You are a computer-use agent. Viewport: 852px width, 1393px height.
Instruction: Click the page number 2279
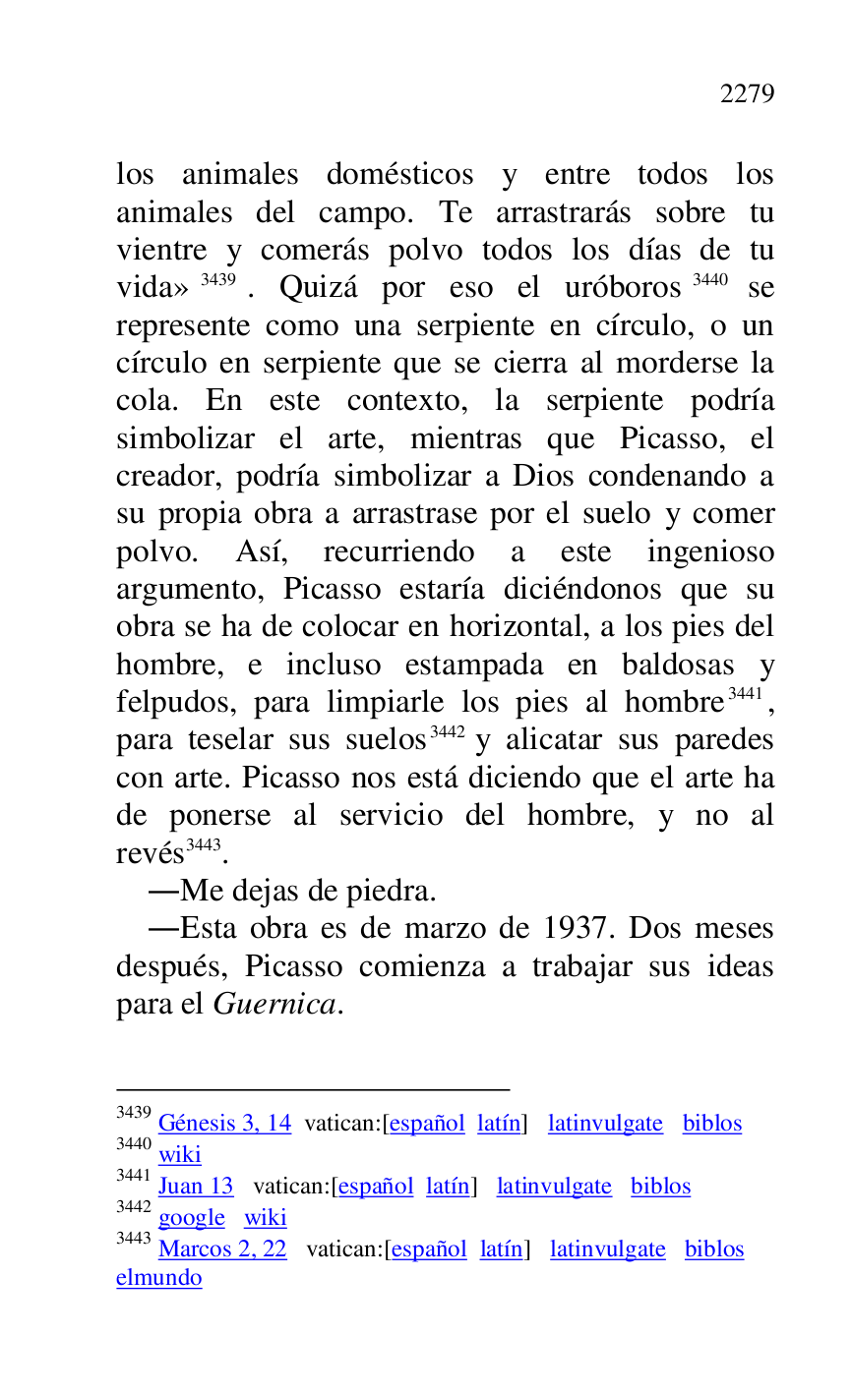click(x=747, y=94)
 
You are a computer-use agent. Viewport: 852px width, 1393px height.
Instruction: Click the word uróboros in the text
click(x=623, y=289)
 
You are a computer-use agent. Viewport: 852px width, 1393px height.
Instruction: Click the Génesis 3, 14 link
click(x=224, y=1124)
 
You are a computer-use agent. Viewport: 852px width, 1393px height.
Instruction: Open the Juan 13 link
click(x=196, y=1187)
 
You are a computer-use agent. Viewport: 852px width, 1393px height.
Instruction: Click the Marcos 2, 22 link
click(x=222, y=1249)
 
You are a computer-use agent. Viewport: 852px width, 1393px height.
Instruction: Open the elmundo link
click(x=158, y=1279)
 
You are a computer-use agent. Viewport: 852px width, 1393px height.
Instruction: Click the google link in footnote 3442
click(x=192, y=1218)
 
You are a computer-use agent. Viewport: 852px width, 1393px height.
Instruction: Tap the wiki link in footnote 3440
click(x=179, y=1155)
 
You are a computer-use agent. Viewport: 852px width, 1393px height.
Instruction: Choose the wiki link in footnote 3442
click(x=266, y=1218)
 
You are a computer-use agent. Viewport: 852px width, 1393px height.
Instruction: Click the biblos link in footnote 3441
click(x=660, y=1187)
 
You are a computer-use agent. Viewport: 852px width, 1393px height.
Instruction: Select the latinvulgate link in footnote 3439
click(x=605, y=1124)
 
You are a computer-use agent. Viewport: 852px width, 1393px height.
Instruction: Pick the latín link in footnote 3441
click(x=448, y=1187)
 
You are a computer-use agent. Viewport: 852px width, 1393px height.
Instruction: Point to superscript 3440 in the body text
click(x=710, y=280)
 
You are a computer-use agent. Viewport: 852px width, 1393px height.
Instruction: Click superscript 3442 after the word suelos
click(x=448, y=732)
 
